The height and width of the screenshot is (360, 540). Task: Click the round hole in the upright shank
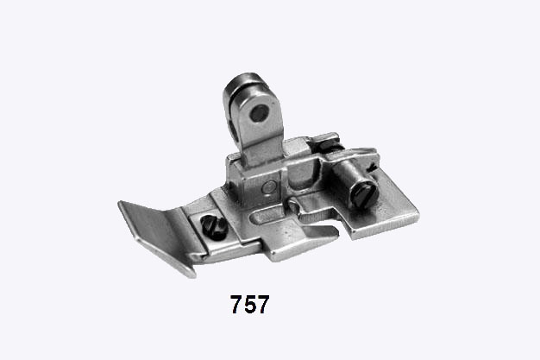tap(259, 113)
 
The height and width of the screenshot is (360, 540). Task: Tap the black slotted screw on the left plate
tap(214, 226)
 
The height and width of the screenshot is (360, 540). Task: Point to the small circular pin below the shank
tap(269, 187)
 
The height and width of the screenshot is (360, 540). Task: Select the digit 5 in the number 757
tap(250, 304)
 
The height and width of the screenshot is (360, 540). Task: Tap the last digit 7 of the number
tap(263, 304)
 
